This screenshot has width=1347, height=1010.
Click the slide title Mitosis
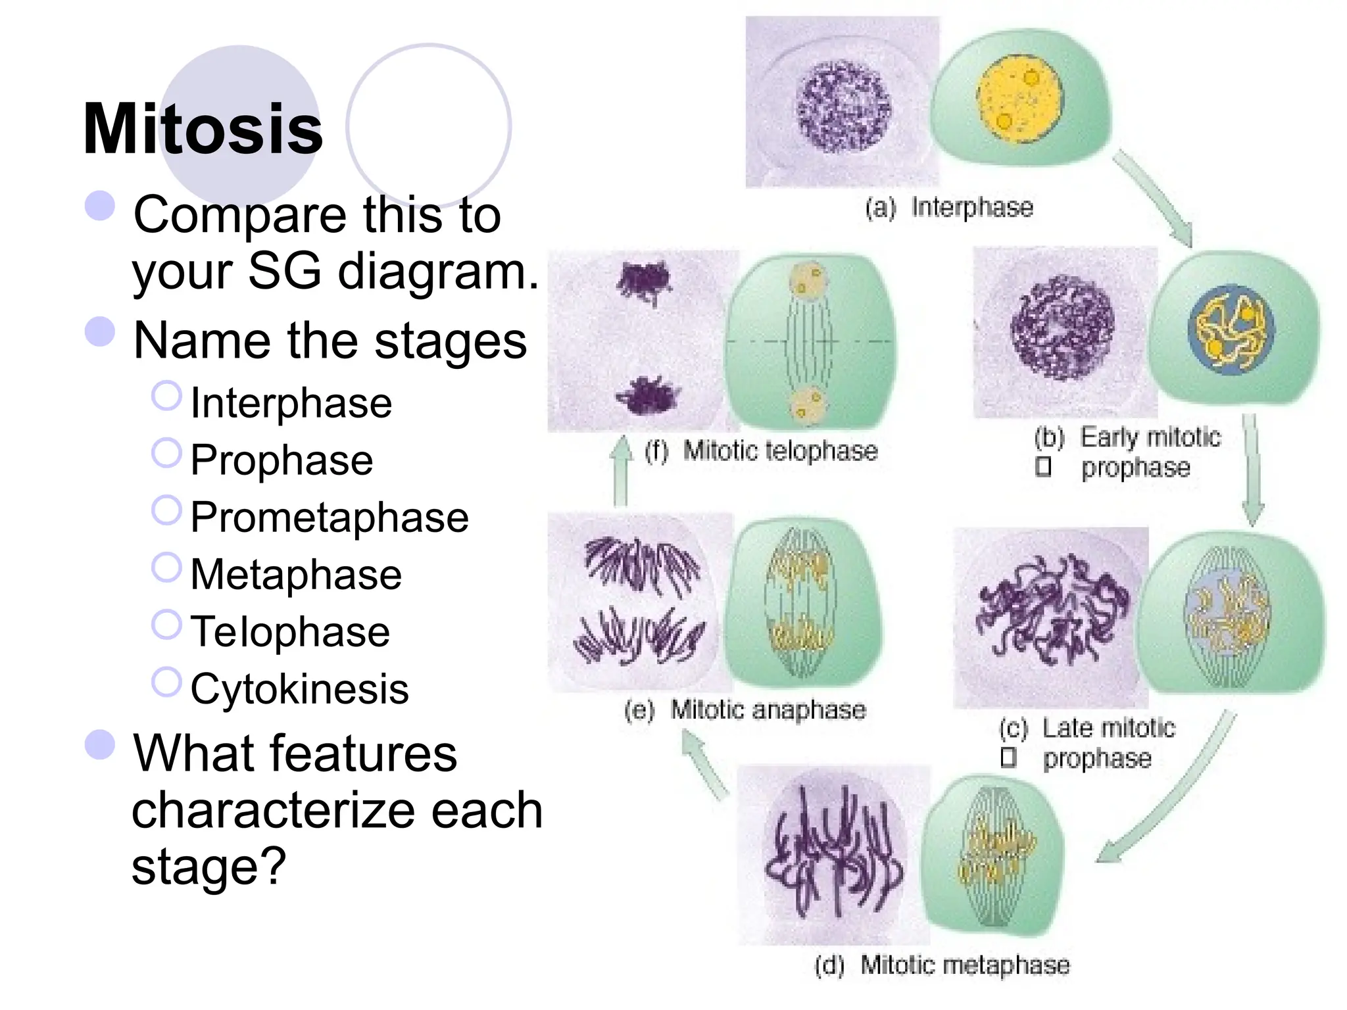coord(203,129)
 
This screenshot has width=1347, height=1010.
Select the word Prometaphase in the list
coord(329,517)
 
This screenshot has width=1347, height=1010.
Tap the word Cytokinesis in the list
coord(299,688)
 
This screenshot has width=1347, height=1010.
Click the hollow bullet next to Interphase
coord(166,396)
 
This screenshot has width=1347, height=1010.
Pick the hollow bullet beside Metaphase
coord(166,567)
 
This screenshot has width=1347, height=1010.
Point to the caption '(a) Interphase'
coord(948,208)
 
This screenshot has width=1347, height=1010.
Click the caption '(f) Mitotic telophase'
coord(761,451)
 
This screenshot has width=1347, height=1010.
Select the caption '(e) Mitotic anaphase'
coord(745,710)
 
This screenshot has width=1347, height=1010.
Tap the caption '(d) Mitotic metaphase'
coord(942,965)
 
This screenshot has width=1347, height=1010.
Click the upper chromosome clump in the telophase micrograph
coord(645,281)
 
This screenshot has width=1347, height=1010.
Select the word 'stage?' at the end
coord(208,866)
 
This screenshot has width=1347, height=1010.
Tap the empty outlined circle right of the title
coord(429,126)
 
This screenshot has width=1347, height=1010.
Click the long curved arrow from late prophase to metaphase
coord(1177,796)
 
